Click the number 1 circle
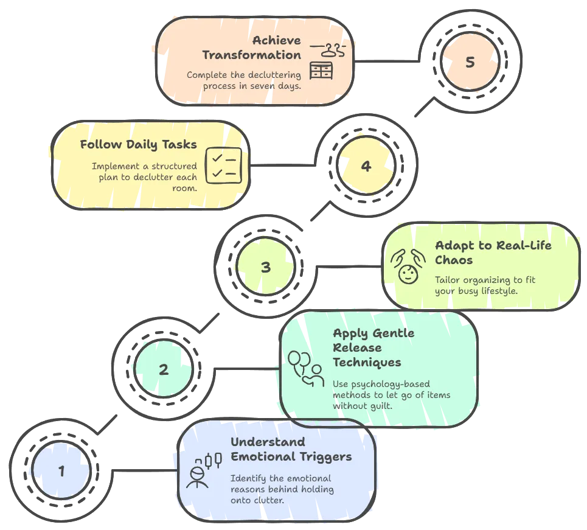coord(61,470)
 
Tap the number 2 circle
coord(164,369)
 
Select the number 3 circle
coord(266,267)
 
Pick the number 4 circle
coord(366,166)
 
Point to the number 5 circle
coord(470,61)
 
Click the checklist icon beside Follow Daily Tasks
coord(224,166)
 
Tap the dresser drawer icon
coord(321,71)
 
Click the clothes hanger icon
coord(328,50)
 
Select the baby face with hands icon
coord(408,267)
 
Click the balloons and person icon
coord(306,369)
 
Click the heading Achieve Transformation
coord(252,47)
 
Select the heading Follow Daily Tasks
coord(139,145)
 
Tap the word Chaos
coord(454,260)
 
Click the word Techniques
coord(367,362)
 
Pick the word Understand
coord(268,442)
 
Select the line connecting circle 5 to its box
coord(387,61)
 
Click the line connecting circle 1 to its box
coord(145,470)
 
